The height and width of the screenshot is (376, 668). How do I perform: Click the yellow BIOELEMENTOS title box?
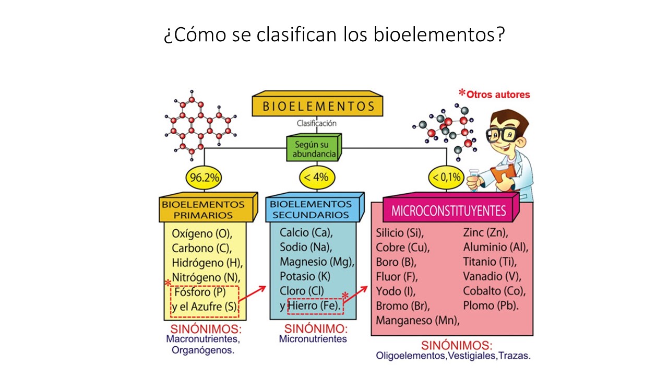317,106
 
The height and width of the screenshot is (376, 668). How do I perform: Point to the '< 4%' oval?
316,178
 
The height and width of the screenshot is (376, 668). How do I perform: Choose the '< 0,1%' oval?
447,178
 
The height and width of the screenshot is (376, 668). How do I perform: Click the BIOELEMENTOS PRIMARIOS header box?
203,209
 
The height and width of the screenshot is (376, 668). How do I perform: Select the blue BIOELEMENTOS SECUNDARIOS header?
311,209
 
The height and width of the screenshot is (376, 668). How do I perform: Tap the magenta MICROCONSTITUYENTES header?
449,210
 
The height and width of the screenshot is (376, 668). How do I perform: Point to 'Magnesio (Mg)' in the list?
317,261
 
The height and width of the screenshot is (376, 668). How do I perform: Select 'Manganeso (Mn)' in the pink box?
417,320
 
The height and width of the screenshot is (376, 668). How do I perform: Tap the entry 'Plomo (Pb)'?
491,305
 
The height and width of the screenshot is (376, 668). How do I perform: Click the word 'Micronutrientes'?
313,339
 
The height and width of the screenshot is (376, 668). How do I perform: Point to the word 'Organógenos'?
203,350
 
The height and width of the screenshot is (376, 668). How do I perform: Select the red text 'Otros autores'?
498,95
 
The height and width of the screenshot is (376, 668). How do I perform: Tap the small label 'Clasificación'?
316,124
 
